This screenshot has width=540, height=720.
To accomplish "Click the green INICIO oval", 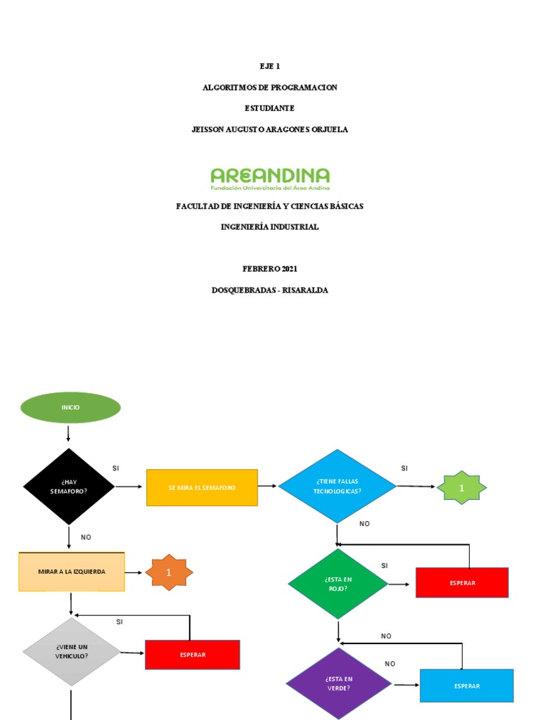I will coord(71,408).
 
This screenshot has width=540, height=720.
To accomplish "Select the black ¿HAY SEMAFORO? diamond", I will coord(69,487).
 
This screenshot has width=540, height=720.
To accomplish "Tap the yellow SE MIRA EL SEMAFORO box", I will coord(202,487).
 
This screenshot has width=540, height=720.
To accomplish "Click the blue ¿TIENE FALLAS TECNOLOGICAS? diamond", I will coord(337,486).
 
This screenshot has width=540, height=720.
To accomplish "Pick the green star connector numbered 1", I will coord(461,487).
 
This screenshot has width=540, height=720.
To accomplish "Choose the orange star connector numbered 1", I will coord(169,572).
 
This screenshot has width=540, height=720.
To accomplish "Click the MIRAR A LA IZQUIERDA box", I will coord(72,572).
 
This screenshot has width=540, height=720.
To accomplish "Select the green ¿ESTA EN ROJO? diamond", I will coord(338,584).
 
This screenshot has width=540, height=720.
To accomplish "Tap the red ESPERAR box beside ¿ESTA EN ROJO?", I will coord(462,583).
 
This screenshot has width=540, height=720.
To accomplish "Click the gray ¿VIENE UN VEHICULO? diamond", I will coord(72,652).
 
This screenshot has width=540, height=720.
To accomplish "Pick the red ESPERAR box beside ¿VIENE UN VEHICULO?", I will coord(193,655).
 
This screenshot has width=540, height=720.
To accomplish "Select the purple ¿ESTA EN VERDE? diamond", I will coord(338,683).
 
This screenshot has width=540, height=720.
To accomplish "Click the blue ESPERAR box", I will coord(467,686).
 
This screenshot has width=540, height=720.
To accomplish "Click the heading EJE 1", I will coord(270,66).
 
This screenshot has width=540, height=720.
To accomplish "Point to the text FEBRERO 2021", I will coord(270,269).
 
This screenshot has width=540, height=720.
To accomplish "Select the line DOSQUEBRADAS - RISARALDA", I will coord(270,290).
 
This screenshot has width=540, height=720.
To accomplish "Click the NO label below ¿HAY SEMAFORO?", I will coord(86,537).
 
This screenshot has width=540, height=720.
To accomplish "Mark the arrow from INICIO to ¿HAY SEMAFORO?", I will coord(68,434).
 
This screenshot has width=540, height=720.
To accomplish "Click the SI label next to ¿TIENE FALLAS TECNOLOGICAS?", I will coord(404,468).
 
